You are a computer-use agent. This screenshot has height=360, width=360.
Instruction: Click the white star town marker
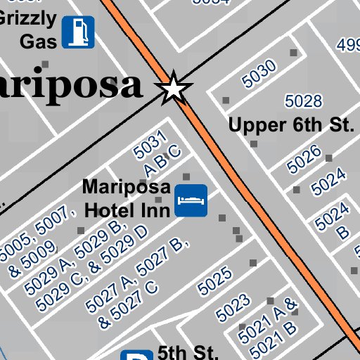173,89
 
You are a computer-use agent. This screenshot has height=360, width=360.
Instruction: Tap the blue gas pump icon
78,32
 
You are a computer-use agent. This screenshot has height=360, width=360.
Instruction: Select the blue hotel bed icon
191,200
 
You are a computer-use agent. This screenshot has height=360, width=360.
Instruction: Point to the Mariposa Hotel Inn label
127,198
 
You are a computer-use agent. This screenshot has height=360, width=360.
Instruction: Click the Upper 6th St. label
290,126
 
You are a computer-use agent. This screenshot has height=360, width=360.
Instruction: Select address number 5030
259,74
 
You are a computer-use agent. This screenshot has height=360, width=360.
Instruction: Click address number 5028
303,101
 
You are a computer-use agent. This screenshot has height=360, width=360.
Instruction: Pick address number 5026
304,160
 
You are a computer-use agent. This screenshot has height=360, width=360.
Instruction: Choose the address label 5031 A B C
157,153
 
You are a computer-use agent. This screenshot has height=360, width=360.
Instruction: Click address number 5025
214,280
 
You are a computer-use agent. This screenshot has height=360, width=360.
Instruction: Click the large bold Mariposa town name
70,86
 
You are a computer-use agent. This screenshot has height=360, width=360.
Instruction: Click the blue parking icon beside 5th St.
136,355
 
